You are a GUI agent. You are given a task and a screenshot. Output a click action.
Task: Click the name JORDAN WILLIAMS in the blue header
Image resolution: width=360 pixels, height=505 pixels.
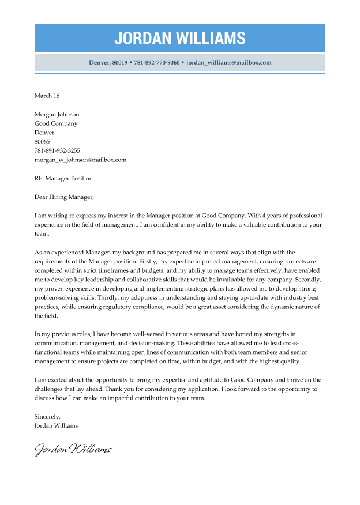coord(179,38)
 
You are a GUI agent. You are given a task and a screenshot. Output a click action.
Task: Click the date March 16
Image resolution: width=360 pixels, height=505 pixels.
coord(47,96)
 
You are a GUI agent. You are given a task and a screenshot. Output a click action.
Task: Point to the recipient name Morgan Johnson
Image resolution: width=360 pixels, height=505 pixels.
coord(57,114)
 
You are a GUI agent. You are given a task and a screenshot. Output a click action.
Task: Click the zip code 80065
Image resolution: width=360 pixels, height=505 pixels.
coord(42,141)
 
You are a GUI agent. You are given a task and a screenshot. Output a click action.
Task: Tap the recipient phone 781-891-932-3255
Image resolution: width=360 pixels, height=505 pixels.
coord(57,150)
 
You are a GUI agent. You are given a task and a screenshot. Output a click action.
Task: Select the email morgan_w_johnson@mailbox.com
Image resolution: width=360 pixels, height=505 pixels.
coord(80,160)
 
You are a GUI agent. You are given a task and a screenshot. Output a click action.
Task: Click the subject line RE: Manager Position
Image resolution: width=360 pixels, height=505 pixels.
coord(63,178)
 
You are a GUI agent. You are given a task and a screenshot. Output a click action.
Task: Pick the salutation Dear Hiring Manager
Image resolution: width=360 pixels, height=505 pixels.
coord(63,197)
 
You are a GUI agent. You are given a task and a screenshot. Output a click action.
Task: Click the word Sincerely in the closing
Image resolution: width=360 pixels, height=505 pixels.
coord(47,416)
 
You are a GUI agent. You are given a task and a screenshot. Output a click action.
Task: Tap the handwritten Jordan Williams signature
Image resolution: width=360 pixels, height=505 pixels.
coord(73,449)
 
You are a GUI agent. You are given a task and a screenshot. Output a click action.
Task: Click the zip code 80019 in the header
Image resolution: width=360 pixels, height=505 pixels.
coord(119,62)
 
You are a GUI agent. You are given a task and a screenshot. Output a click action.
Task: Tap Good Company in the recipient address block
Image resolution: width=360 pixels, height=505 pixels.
coord(55,123)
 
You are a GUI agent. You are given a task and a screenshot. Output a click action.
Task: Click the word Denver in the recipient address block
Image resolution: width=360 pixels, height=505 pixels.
coord(44,133)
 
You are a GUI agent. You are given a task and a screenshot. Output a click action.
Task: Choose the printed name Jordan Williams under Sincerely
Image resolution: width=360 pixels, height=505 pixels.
coord(56,425)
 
